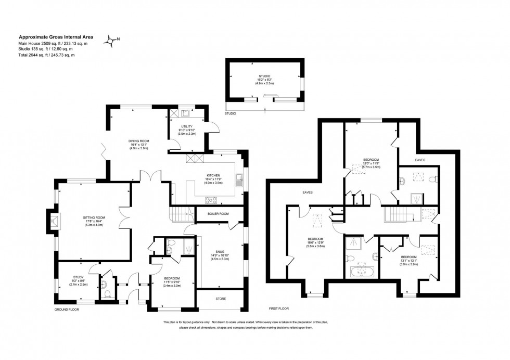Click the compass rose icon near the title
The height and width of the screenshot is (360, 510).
pos(111,40)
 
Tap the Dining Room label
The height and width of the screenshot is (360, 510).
pos(139,144)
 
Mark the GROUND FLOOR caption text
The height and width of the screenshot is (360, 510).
pos(67,309)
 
